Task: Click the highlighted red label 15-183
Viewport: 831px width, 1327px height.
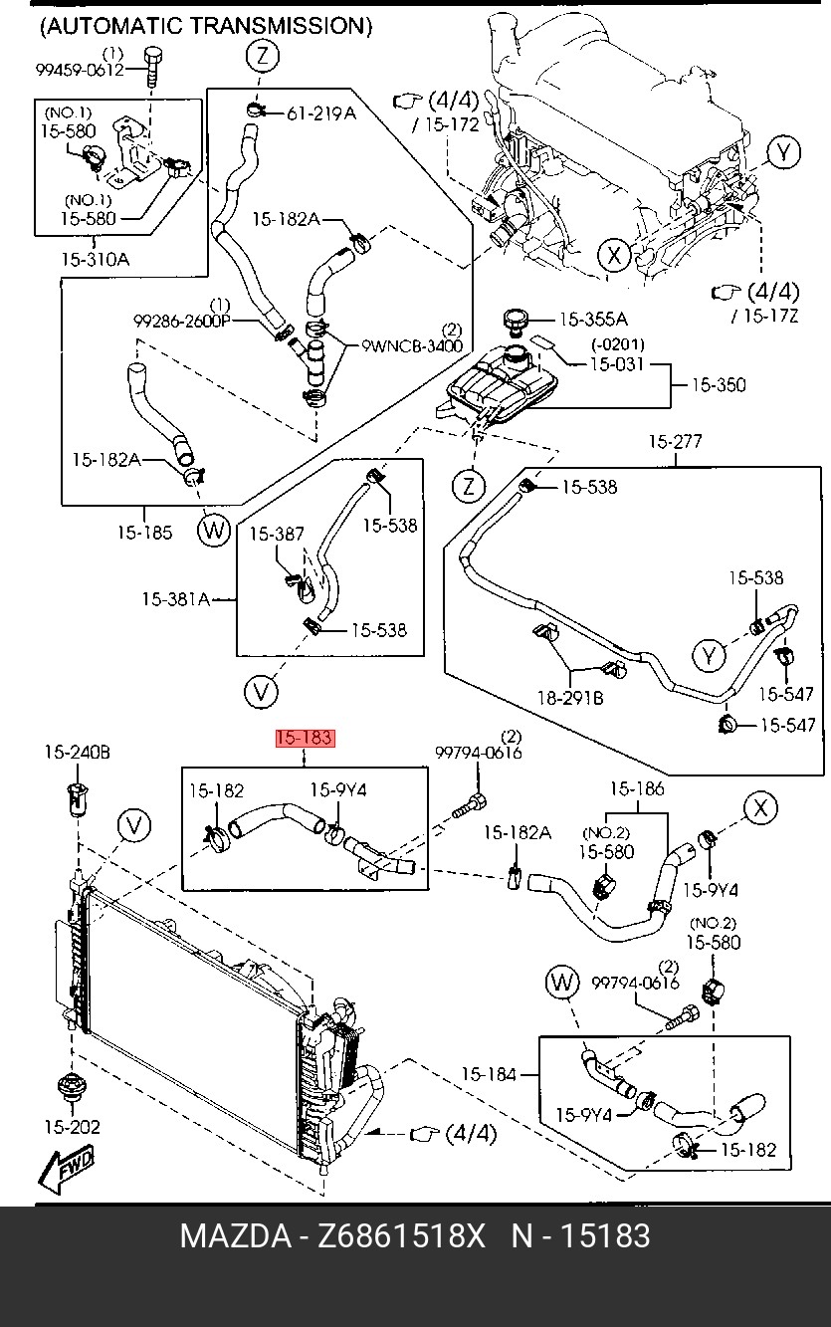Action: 305,739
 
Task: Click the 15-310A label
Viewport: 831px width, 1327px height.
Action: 95,260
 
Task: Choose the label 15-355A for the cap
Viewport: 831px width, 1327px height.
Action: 593,320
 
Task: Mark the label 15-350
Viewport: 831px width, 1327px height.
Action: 719,384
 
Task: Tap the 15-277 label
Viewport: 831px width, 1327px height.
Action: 676,442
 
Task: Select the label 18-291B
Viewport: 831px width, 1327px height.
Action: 571,699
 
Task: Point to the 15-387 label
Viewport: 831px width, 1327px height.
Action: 277,535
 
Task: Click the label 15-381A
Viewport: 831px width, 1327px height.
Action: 175,599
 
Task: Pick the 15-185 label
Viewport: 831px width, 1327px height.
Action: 144,533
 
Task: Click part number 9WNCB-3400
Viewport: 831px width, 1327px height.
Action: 412,346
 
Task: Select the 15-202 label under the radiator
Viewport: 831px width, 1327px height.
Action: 72,1128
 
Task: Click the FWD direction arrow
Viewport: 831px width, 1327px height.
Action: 66,1169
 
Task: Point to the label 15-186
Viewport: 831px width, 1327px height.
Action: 636,789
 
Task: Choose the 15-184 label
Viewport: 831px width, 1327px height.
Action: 489,1074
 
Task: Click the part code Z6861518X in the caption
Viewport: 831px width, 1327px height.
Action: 401,1236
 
